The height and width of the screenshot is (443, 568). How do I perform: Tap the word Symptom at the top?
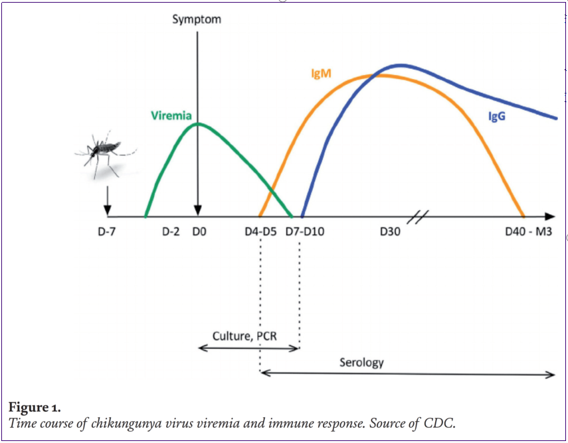click(197, 19)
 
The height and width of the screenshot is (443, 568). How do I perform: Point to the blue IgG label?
click(498, 117)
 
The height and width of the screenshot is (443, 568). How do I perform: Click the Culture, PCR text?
click(244, 336)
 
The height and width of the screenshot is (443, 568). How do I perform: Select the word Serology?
click(361, 363)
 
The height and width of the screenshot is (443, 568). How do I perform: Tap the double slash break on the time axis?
click(420, 216)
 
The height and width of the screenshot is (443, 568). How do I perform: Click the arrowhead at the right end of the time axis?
click(551, 216)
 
